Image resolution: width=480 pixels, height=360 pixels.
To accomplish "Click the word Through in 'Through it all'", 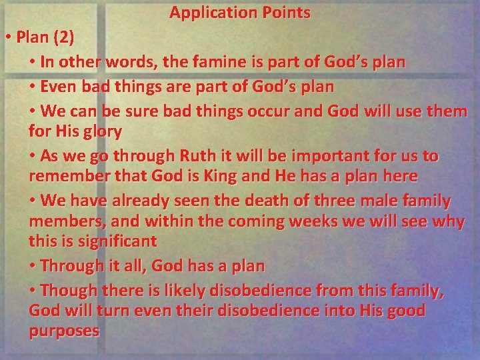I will pyautogui.click(x=71, y=266).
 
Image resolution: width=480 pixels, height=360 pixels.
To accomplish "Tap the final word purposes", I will pyautogui.click(x=65, y=331).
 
